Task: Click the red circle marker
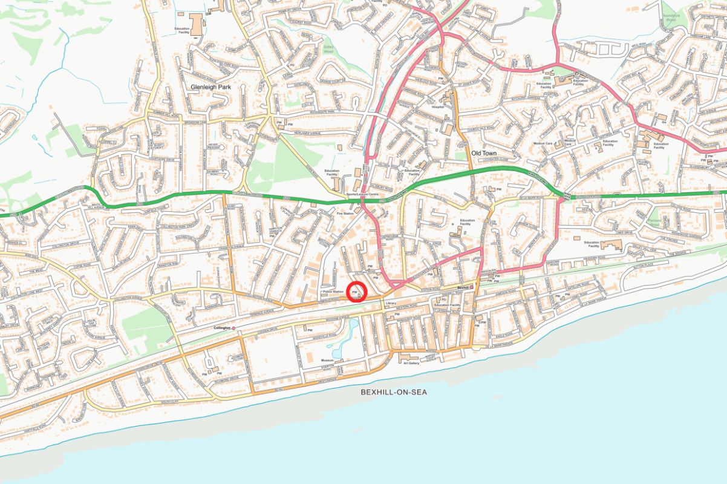click(357, 292)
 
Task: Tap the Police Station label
click(333, 292)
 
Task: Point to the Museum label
click(327, 360)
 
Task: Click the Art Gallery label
click(411, 363)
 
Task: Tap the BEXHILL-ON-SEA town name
click(394, 392)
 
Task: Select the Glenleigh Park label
click(211, 87)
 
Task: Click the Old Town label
click(484, 154)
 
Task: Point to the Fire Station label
click(345, 214)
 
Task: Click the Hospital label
click(437, 106)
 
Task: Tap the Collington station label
click(223, 327)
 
